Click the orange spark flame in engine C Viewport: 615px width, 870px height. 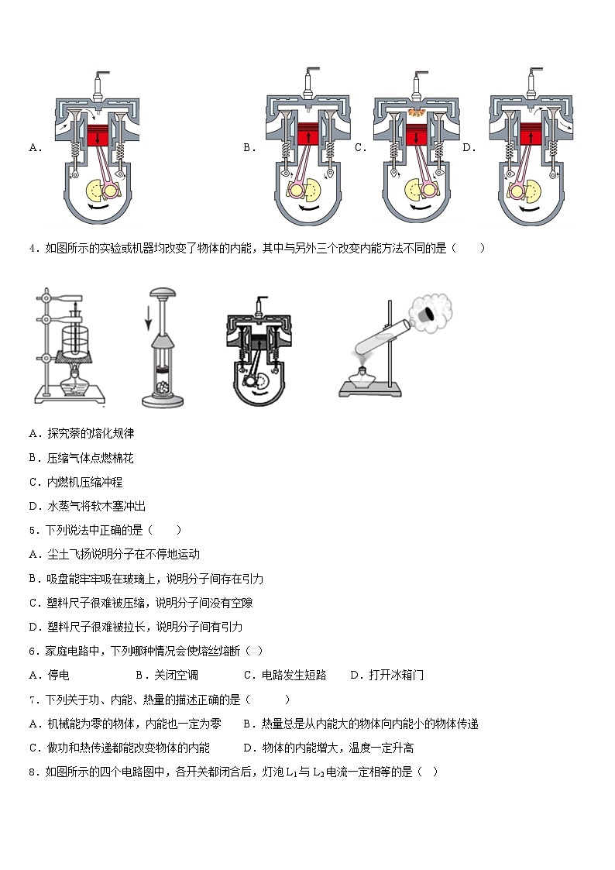[x=417, y=113]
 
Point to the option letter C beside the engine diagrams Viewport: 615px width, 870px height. [x=360, y=147]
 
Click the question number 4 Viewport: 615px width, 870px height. [x=33, y=249]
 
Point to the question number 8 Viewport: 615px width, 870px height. [x=33, y=772]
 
